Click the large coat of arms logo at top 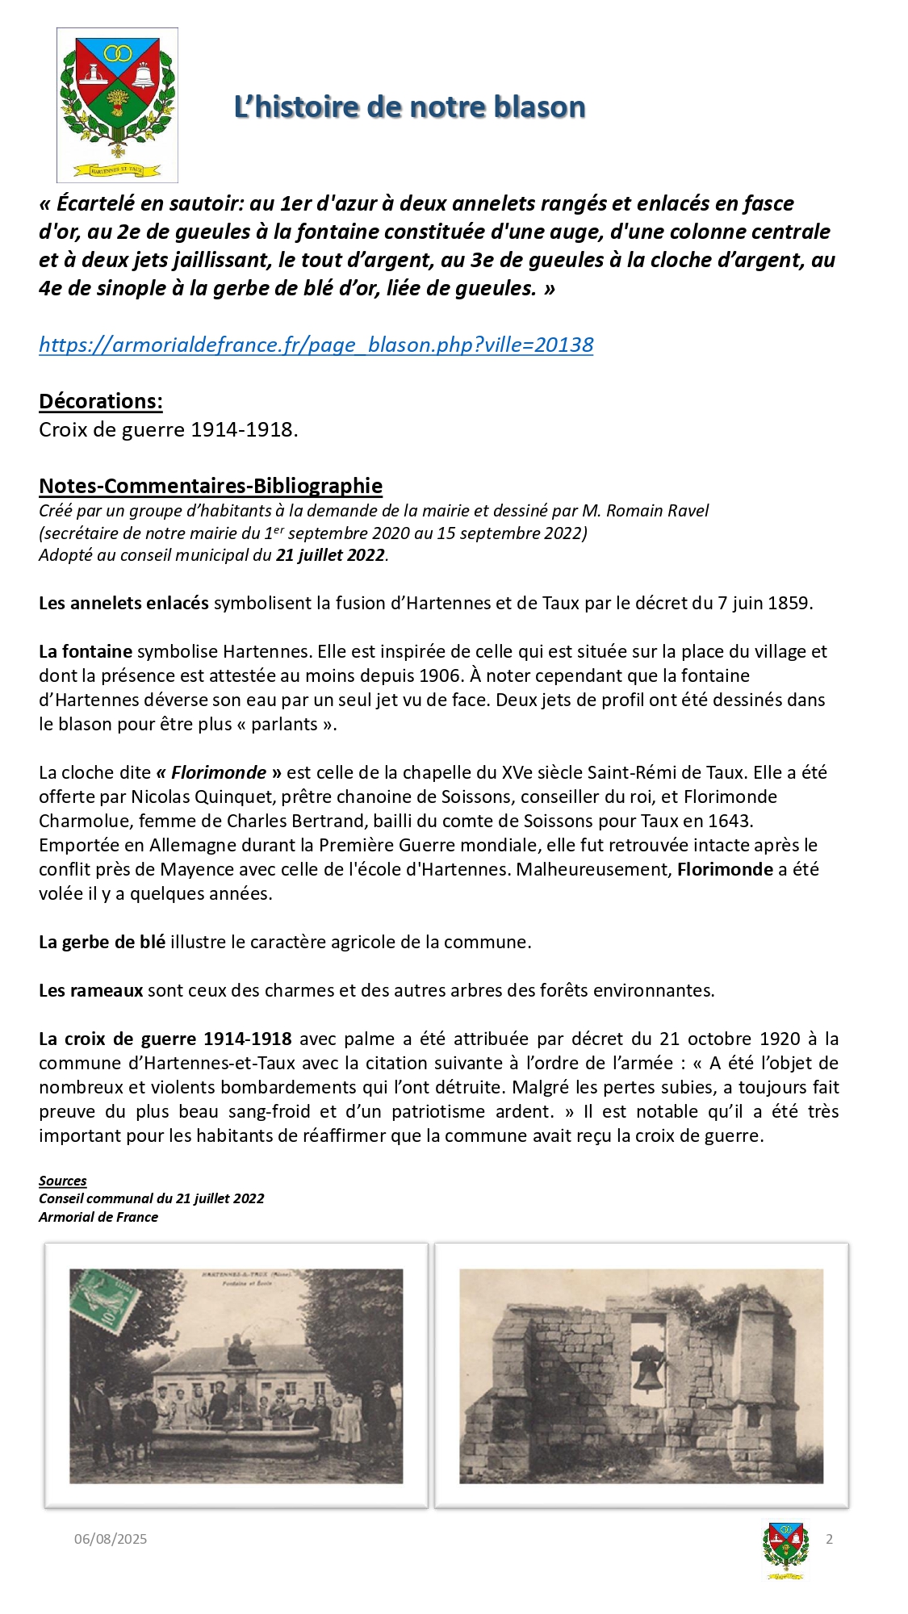tap(117, 104)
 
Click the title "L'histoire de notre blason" tap(409, 107)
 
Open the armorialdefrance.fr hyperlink tap(316, 345)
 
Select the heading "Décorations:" tap(101, 401)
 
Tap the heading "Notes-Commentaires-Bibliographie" tap(211, 486)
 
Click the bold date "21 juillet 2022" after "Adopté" tap(330, 555)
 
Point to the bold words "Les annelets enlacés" tap(123, 603)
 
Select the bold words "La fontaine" tap(86, 651)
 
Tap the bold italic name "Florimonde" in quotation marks tap(219, 772)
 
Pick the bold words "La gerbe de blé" tap(102, 942)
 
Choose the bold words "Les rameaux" tap(91, 990)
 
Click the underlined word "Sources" tap(62, 1181)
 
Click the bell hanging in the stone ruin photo tap(647, 1366)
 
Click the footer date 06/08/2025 tap(111, 1539)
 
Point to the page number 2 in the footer tap(829, 1539)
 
